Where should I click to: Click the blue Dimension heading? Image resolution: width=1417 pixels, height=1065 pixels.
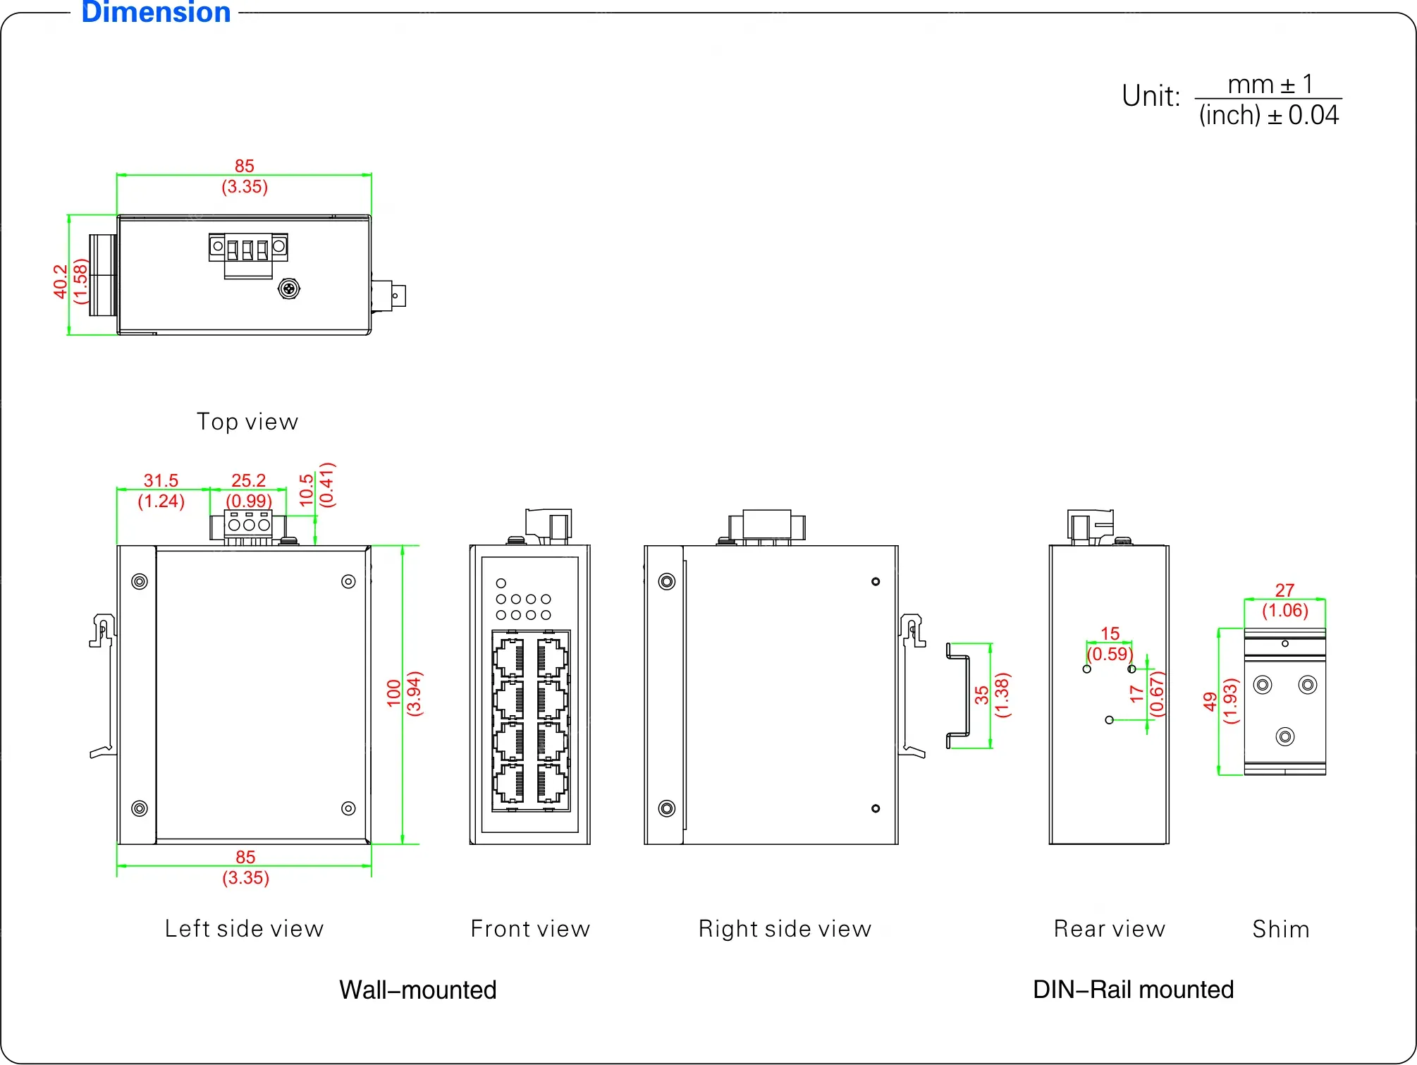pyautogui.click(x=156, y=13)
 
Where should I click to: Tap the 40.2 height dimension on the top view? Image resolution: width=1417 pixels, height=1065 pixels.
pyautogui.click(x=61, y=281)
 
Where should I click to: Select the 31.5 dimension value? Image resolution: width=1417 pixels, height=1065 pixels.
pyautogui.click(x=161, y=480)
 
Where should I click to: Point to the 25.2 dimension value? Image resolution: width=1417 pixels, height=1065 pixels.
pyautogui.click(x=248, y=480)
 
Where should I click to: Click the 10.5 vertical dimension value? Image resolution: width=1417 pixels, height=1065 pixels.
pyautogui.click(x=307, y=489)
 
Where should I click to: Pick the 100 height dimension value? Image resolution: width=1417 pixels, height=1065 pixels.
pyautogui.click(x=394, y=693)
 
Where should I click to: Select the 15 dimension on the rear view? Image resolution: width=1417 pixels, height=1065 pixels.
pyautogui.click(x=1110, y=633)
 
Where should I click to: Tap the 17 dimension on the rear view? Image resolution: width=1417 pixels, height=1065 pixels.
pyautogui.click(x=1136, y=693)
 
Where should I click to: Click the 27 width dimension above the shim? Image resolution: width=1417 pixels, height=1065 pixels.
pyautogui.click(x=1284, y=590)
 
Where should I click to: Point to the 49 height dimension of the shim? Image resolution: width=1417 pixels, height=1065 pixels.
pyautogui.click(x=1210, y=701)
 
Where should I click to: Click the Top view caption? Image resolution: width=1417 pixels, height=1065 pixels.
pyautogui.click(x=247, y=422)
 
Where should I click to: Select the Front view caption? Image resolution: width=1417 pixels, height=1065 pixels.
pyautogui.click(x=530, y=929)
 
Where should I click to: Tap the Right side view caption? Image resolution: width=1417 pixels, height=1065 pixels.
pyautogui.click(x=785, y=929)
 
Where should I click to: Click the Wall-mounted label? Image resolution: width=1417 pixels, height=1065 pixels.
pyautogui.click(x=418, y=990)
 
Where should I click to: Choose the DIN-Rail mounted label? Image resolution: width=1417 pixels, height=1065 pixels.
pyautogui.click(x=1133, y=990)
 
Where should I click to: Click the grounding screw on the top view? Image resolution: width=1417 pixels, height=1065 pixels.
pyautogui.click(x=289, y=288)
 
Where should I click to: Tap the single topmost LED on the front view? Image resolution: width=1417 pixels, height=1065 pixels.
pyautogui.click(x=501, y=583)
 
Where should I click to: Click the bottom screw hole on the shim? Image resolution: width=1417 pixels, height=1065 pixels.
pyautogui.click(x=1285, y=737)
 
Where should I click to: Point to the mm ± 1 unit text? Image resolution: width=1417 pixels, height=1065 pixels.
pyautogui.click(x=1270, y=85)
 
